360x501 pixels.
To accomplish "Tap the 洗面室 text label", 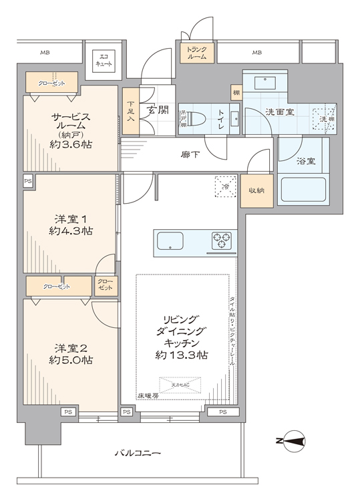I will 280,112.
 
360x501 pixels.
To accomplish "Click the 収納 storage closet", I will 256,190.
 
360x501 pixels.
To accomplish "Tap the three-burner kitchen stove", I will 222,238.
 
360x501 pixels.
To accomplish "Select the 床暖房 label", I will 148,395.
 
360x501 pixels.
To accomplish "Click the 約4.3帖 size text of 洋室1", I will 71,231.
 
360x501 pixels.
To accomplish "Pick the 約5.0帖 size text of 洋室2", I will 71,360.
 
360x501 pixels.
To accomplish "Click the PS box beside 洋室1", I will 27,180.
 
